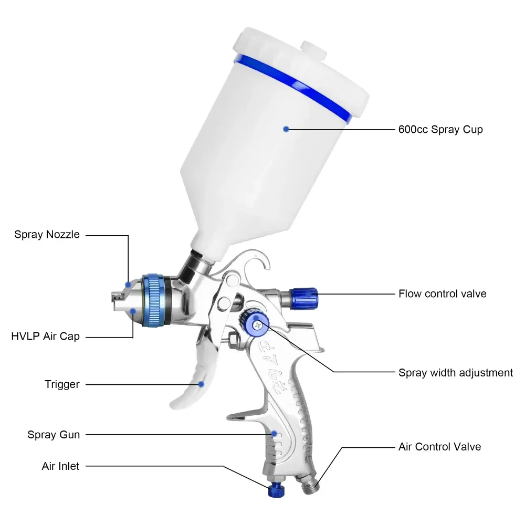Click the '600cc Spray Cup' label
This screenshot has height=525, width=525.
click(440, 129)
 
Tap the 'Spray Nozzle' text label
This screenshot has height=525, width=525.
click(47, 235)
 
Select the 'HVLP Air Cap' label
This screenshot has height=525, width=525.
click(45, 336)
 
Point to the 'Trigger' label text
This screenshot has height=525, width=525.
click(62, 384)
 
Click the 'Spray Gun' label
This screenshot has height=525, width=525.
click(54, 434)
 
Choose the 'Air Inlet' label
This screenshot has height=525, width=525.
click(60, 466)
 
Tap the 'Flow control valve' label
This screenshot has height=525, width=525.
click(442, 293)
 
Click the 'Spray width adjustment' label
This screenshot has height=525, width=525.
click(455, 373)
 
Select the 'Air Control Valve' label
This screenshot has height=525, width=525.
click(439, 447)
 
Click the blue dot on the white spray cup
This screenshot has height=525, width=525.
click(286, 129)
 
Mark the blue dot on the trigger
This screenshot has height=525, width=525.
click(201, 384)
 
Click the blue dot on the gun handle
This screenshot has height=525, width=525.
click(274, 434)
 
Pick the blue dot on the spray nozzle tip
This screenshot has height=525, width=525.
click(127, 285)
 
